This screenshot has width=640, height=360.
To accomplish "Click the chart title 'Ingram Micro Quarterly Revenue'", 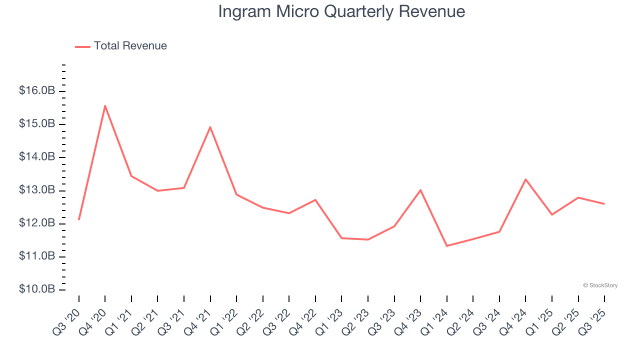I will pyautogui.click(x=341, y=11).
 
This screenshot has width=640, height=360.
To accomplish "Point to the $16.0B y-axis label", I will pyautogui.click(x=37, y=91).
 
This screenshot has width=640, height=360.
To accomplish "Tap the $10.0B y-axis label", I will pyautogui.click(x=37, y=289).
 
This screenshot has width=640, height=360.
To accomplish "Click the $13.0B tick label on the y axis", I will pyautogui.click(x=37, y=190).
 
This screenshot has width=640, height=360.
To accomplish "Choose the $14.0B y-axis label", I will pyautogui.click(x=37, y=157).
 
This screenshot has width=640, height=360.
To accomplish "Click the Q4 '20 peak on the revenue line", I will pyautogui.click(x=105, y=105).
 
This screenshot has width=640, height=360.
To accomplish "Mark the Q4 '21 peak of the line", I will pyautogui.click(x=210, y=127).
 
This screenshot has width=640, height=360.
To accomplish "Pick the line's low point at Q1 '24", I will pyautogui.click(x=446, y=245).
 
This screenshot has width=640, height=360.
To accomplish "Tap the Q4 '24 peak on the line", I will pyautogui.click(x=525, y=179).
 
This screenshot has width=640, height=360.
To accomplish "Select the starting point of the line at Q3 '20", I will pyautogui.click(x=79, y=219).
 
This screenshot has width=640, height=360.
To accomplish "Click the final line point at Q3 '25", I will pyautogui.click(x=604, y=203).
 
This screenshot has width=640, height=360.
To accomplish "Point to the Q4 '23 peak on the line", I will pyautogui.click(x=420, y=190).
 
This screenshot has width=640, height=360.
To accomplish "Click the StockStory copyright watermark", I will pyautogui.click(x=600, y=285).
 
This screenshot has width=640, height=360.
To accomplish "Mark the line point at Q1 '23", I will pyautogui.click(x=341, y=238).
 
